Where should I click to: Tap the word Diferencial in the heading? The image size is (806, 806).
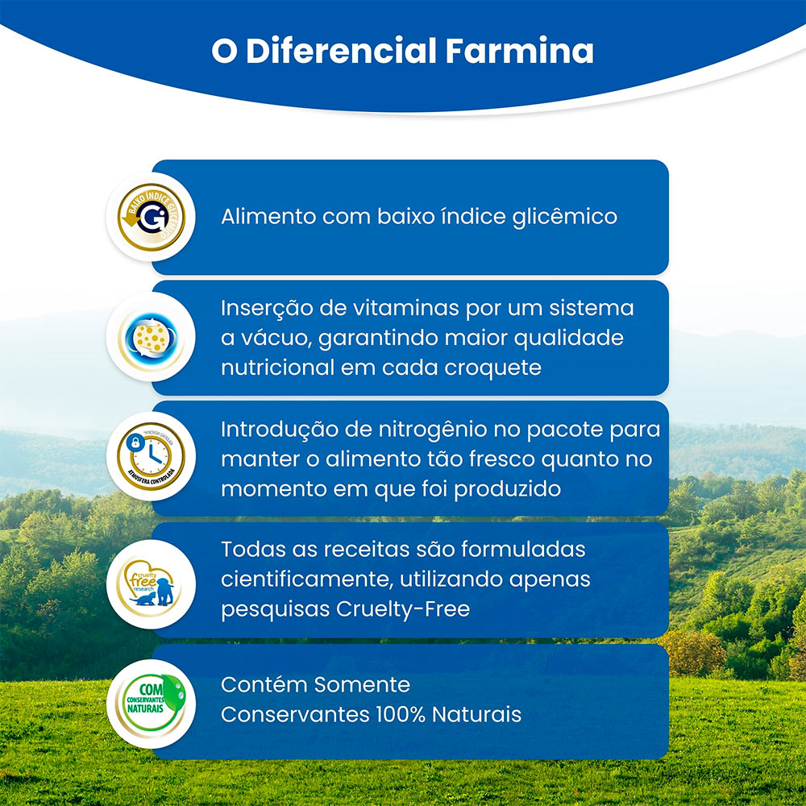(x=341, y=51)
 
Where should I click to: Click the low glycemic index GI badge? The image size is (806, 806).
(x=151, y=216)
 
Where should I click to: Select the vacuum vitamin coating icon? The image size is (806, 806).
(x=151, y=337)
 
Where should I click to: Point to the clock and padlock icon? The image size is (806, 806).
(x=151, y=456)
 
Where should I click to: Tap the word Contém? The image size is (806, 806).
(x=264, y=685)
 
